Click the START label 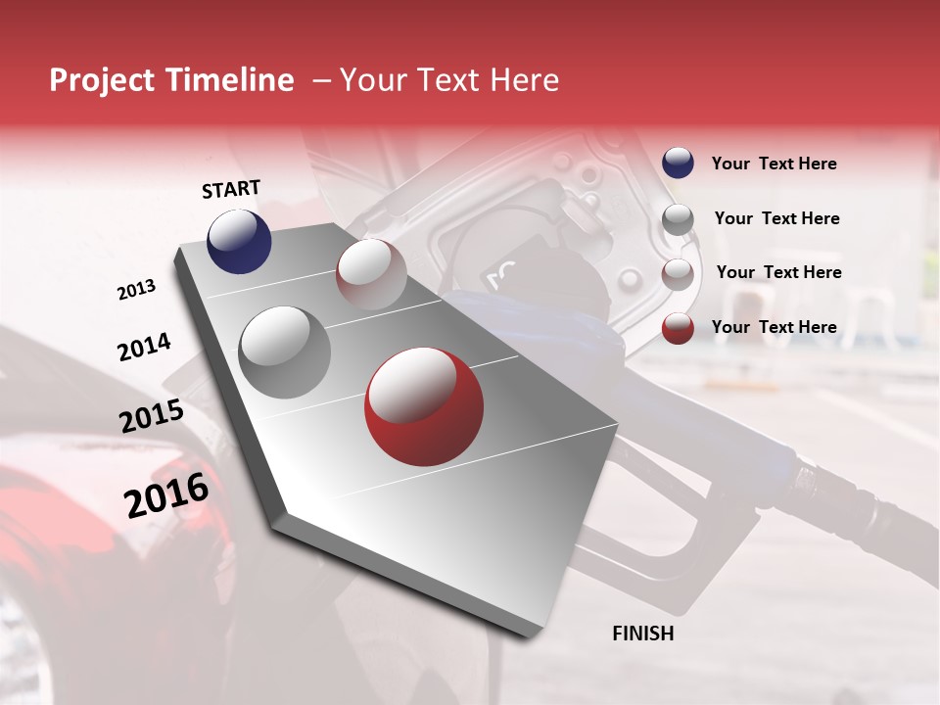click(x=231, y=189)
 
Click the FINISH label click(x=642, y=634)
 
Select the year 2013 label click(x=136, y=290)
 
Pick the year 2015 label click(x=151, y=416)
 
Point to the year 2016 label click(x=166, y=494)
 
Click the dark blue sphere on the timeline click(x=239, y=241)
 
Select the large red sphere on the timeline click(x=423, y=406)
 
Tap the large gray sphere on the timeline click(x=284, y=352)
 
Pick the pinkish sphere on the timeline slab click(x=371, y=274)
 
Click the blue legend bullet click(x=678, y=164)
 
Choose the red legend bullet click(x=678, y=328)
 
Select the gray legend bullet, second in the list click(x=678, y=219)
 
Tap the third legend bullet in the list click(x=678, y=274)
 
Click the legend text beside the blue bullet click(x=774, y=164)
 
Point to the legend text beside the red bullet click(x=774, y=327)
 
